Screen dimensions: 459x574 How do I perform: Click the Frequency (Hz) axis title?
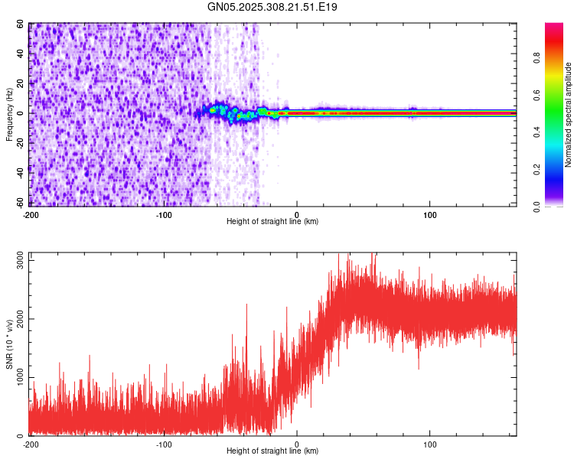[9, 114]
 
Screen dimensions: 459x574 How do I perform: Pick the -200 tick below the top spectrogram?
[31, 214]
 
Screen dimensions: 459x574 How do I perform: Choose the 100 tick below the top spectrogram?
[430, 214]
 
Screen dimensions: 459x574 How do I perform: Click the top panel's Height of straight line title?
[272, 222]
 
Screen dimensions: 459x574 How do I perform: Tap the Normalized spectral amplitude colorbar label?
[569, 115]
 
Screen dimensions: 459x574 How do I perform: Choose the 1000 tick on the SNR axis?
[16, 377]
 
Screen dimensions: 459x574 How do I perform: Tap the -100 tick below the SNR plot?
[164, 444]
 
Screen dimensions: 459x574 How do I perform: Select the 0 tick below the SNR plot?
[297, 444]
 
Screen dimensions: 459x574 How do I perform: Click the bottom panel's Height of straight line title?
[272, 451]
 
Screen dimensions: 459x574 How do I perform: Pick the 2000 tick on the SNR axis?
[16, 319]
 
